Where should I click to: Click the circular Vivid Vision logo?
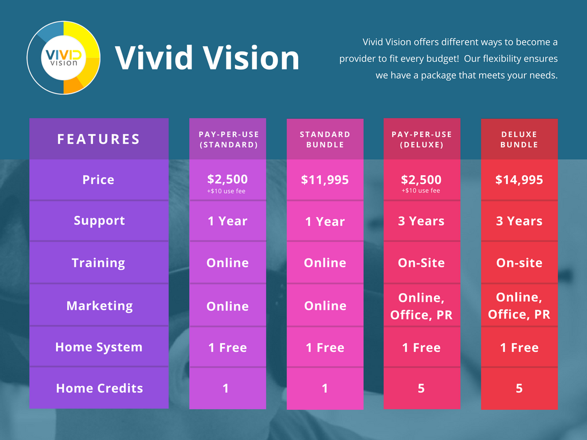click(64, 58)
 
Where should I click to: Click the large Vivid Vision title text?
click(207, 58)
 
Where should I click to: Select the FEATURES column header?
click(99, 139)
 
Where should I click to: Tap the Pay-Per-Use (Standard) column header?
click(228, 139)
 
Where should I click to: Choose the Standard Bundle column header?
click(325, 139)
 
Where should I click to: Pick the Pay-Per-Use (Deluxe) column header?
click(422, 139)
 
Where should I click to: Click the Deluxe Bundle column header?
click(519, 139)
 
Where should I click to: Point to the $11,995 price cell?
click(325, 180)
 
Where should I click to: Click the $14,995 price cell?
click(519, 180)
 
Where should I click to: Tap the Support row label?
click(99, 221)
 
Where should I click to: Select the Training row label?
click(99, 262)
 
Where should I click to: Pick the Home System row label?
click(99, 347)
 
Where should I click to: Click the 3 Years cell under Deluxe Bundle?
click(519, 221)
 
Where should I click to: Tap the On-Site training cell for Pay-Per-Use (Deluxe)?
click(422, 262)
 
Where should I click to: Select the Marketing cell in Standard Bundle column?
click(325, 306)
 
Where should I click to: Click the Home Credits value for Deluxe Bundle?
click(519, 388)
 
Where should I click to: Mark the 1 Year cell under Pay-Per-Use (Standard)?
click(228, 221)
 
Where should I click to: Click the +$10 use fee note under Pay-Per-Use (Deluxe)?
click(421, 191)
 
